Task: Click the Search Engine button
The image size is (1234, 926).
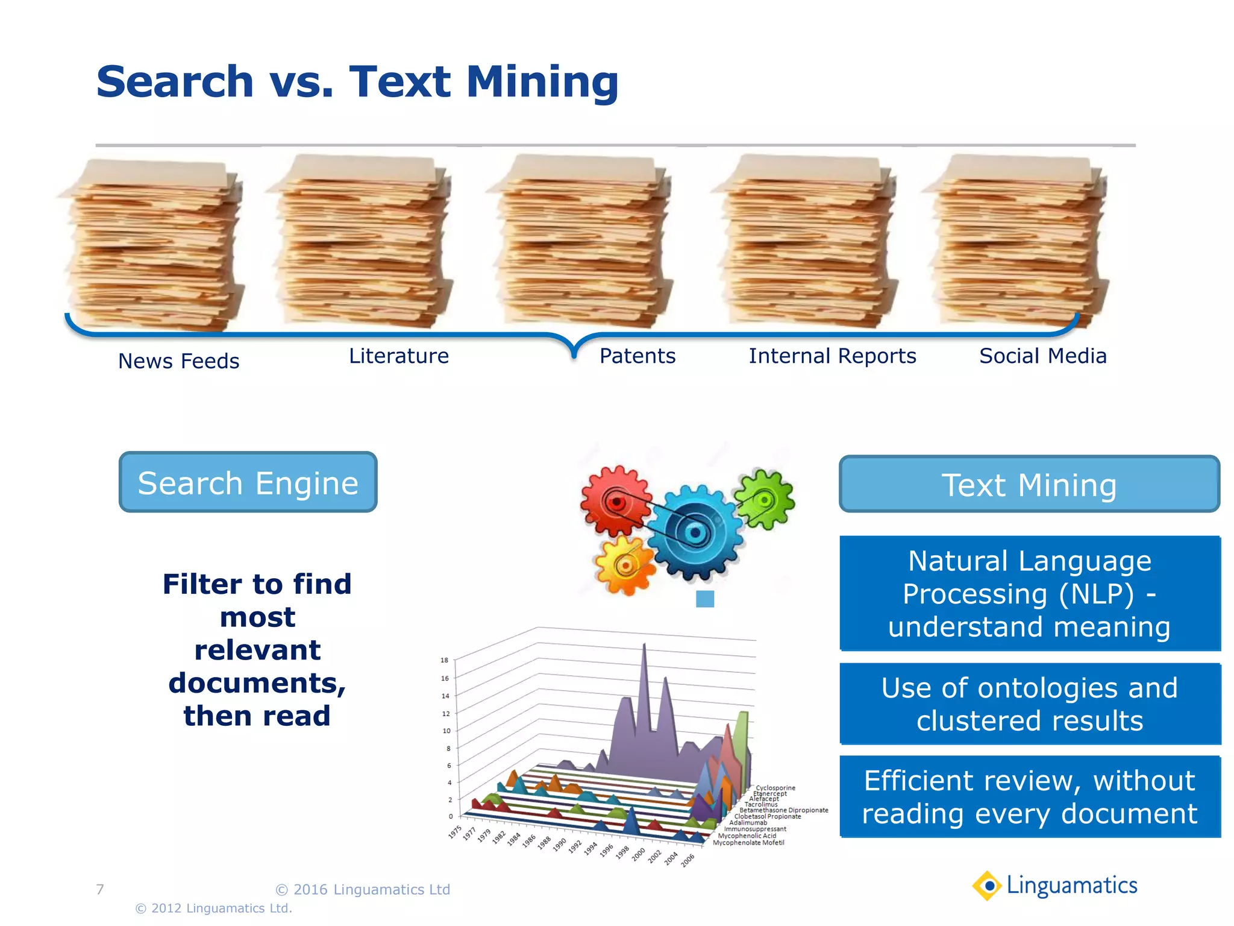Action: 248,482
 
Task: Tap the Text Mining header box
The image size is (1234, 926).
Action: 1029,485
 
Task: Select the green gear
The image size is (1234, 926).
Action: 765,500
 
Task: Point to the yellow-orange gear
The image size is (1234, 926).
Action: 625,565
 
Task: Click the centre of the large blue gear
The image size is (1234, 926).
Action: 695,533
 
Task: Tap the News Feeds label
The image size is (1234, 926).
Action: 178,361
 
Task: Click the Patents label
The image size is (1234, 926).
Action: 637,356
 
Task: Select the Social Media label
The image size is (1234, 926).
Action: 1042,356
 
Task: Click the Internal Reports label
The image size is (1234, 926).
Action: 832,356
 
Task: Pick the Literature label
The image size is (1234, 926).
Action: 399,356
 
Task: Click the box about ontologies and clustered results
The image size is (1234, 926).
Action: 1029,704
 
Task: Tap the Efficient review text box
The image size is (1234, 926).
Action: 1029,796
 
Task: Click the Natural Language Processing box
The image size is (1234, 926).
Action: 1029,593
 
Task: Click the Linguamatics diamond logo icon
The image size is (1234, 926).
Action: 988,886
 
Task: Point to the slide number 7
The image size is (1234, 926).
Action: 100,889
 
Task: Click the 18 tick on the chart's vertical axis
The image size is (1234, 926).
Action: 444,660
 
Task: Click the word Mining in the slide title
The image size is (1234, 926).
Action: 542,82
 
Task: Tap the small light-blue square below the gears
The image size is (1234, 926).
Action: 705,599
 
